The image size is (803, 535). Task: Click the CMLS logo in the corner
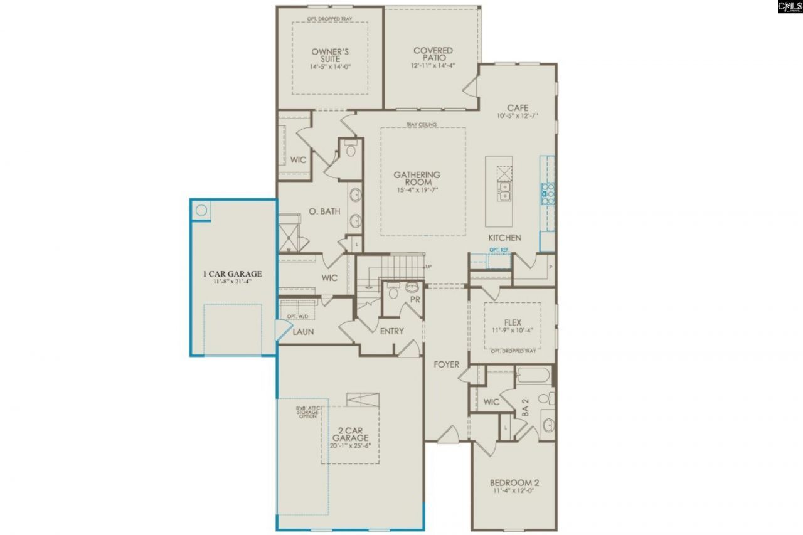click(x=789, y=7)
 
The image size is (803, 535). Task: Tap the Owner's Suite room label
click(x=330, y=55)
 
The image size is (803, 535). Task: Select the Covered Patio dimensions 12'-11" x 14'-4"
click(x=433, y=65)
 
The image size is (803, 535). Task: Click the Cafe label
click(x=518, y=108)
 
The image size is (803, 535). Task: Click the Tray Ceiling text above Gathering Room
click(x=421, y=124)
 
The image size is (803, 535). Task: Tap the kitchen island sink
click(x=504, y=191)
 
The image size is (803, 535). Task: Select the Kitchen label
click(x=505, y=238)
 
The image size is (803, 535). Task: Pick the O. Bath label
click(x=324, y=211)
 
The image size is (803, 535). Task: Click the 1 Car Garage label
click(x=232, y=273)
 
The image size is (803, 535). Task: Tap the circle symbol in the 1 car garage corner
click(x=201, y=210)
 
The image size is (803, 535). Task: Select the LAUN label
click(x=303, y=331)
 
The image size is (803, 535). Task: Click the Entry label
click(x=391, y=331)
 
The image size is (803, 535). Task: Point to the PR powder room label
click(x=415, y=299)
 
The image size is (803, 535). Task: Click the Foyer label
click(x=446, y=364)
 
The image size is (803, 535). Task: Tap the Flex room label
click(x=513, y=323)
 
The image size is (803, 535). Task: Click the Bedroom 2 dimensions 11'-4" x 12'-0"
click(x=514, y=492)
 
